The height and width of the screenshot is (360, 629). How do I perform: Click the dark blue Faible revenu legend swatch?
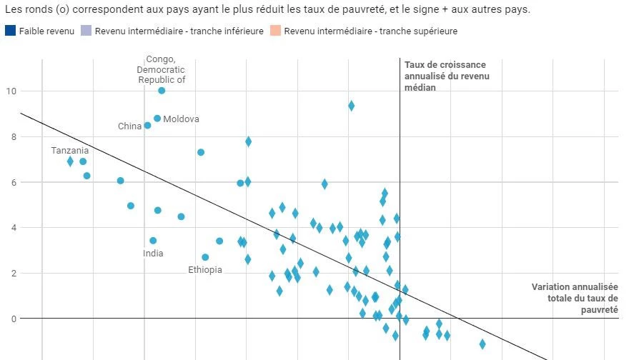click(11, 31)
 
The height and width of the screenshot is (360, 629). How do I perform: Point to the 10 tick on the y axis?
click(11, 91)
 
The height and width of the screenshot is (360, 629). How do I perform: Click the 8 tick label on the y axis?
click(11, 137)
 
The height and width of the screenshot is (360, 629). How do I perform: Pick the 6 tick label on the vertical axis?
click(11, 182)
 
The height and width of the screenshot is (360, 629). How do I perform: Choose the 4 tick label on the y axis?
click(11, 228)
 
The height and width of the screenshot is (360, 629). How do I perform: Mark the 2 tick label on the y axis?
click(11, 274)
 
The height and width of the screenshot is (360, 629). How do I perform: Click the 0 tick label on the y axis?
click(11, 319)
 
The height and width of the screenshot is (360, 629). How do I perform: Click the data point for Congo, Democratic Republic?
click(162, 91)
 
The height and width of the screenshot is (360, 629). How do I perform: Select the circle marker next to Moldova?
click(157, 119)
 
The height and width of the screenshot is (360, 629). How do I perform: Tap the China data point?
click(148, 125)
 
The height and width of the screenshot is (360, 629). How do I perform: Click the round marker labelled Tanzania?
click(83, 161)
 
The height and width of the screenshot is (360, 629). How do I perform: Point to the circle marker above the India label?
click(153, 241)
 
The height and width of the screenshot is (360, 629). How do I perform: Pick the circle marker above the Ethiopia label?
click(205, 257)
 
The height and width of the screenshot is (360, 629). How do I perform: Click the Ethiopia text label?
click(205, 270)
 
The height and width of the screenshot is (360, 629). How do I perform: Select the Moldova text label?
click(181, 119)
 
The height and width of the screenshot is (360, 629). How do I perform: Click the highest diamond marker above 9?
click(352, 106)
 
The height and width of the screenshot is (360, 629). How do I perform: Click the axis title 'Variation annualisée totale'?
click(575, 299)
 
